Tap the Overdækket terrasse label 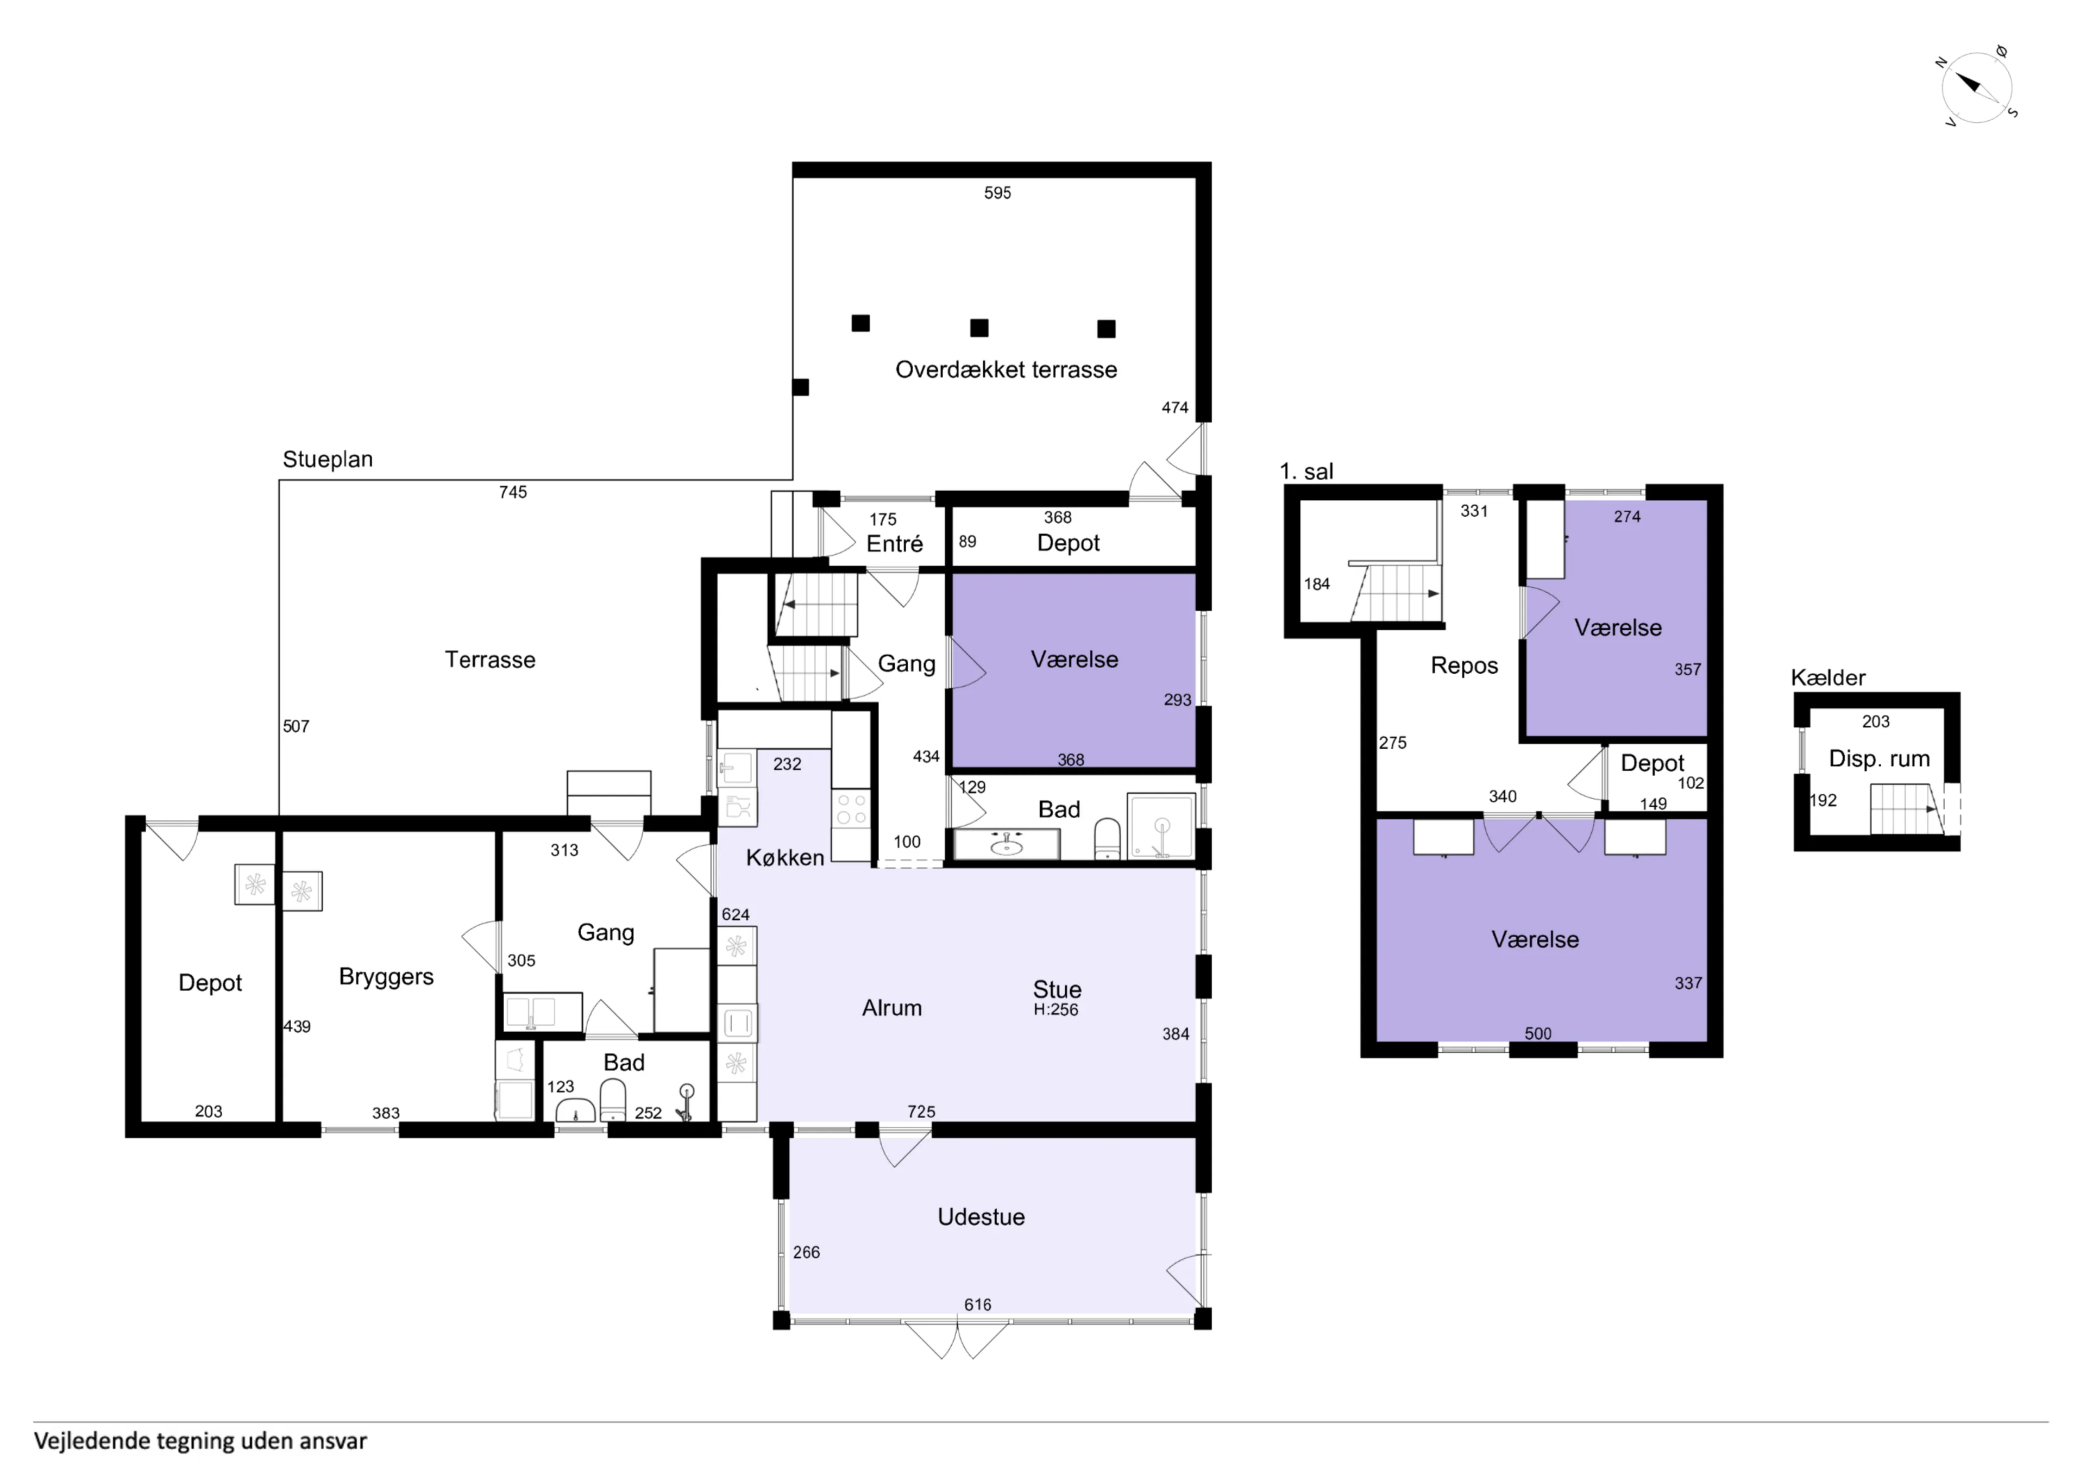[1006, 370]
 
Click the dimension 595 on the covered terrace [997, 193]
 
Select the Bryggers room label [386, 976]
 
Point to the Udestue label [981, 1217]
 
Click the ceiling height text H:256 [1055, 1010]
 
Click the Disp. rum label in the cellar [1879, 759]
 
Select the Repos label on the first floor [1463, 666]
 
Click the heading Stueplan [327, 459]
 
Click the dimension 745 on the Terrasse [512, 492]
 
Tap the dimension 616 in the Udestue [978, 1304]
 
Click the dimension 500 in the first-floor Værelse [1537, 1033]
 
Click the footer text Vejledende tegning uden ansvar [200, 1441]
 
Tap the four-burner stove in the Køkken [851, 809]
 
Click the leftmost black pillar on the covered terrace [800, 387]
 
